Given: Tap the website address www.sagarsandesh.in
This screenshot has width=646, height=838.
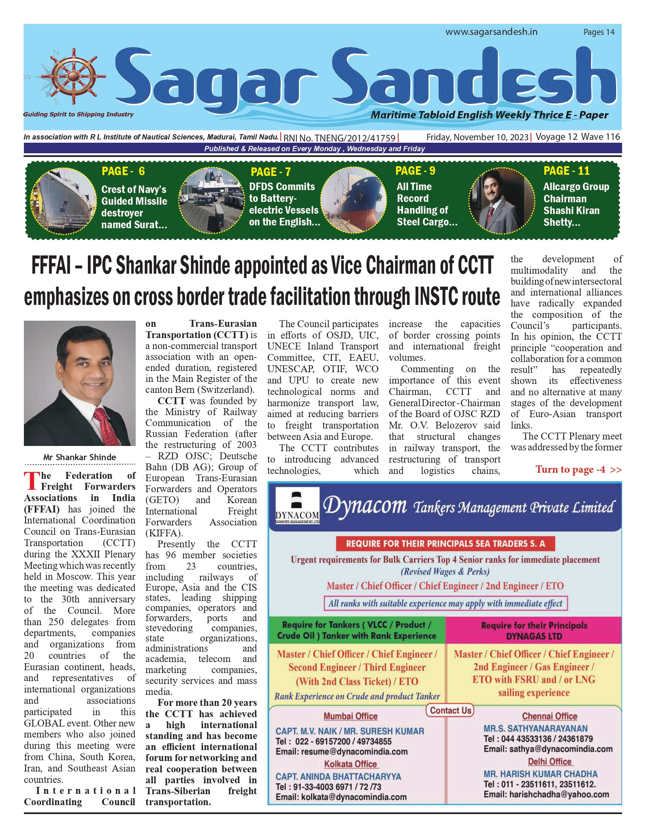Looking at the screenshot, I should coord(491,32).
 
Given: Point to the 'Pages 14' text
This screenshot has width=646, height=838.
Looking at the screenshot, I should coord(599,32).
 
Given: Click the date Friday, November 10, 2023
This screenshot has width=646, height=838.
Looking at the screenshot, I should coord(477,137).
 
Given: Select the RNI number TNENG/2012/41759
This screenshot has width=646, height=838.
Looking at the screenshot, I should coord(340,138).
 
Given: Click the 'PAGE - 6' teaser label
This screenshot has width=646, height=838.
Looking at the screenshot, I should coord(123,171).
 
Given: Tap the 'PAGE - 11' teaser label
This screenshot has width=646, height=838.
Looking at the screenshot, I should coord(566,171).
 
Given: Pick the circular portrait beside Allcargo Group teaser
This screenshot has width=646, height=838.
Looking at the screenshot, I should coord(501,200).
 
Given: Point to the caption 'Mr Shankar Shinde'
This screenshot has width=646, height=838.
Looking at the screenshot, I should coord(79,457).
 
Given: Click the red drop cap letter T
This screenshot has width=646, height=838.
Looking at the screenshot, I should coord(32,481).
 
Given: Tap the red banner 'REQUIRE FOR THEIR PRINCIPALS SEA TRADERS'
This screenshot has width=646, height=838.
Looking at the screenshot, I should coord(445,544).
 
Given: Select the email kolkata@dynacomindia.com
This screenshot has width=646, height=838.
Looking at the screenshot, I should coord(341,797).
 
